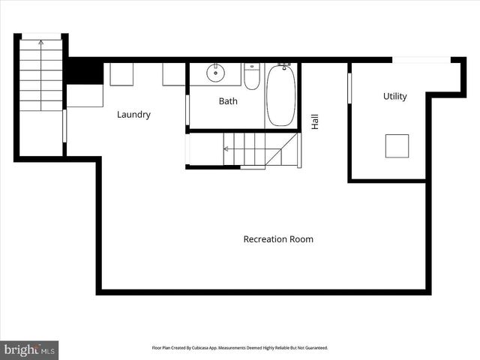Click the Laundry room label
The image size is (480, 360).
click(133, 115)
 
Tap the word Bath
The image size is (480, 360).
click(228, 101)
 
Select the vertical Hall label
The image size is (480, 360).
click(315, 121)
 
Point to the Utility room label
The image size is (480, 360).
click(394, 96)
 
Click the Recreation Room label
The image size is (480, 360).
click(278, 239)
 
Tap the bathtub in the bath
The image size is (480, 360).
click(281, 97)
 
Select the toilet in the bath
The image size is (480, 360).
click(252, 76)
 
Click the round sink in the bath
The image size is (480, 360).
click(215, 73)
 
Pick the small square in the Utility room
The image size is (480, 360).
click(397, 145)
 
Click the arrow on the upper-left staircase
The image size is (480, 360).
click(40, 43)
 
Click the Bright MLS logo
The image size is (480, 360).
click(29, 349)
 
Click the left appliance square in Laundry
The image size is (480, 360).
click(121, 74)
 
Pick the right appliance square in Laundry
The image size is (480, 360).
click(174, 74)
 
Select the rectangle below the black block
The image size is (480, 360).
click(85, 96)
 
